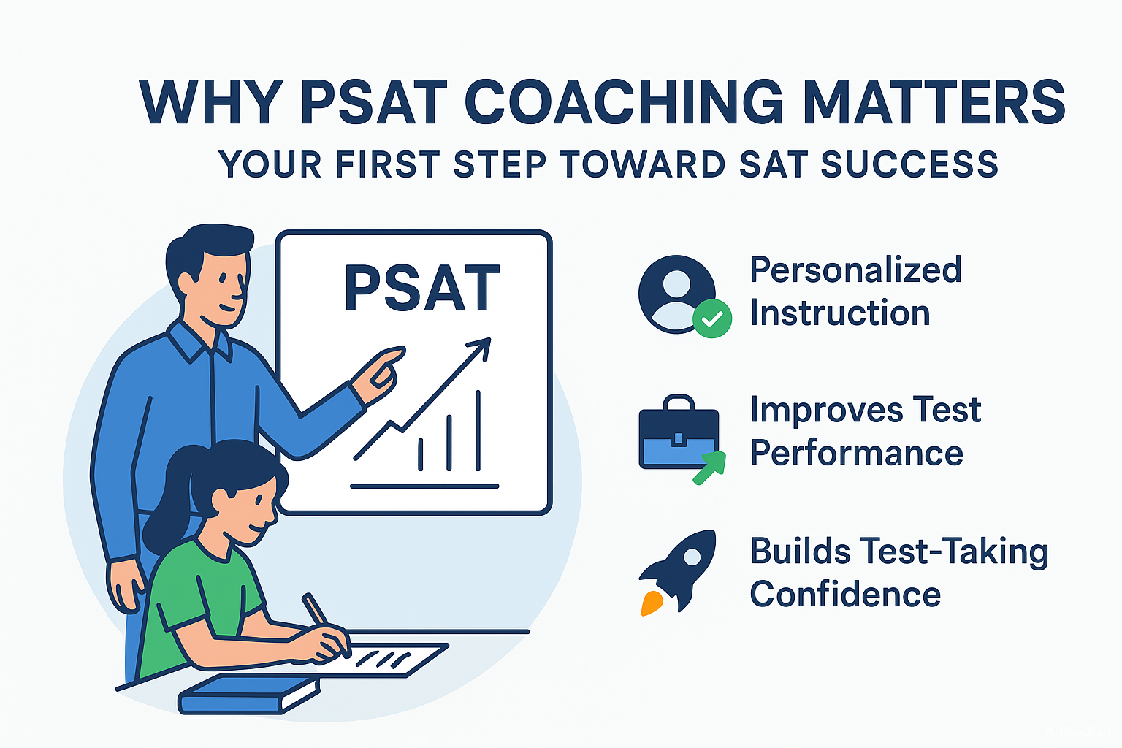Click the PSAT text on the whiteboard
421,290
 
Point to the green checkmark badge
711,318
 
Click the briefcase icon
678,435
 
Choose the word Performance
856,454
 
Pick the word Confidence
845,594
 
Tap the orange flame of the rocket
652,602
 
